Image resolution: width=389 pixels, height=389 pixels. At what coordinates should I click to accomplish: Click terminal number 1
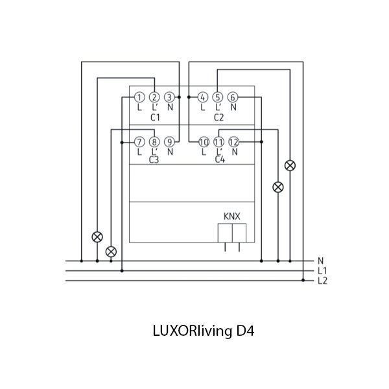click(x=139, y=97)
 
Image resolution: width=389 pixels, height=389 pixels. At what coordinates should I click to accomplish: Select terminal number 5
click(x=218, y=97)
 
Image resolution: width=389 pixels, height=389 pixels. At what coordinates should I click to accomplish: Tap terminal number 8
click(x=154, y=142)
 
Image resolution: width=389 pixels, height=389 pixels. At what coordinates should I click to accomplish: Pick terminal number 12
click(x=233, y=142)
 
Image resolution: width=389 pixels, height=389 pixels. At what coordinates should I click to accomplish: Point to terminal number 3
click(x=169, y=97)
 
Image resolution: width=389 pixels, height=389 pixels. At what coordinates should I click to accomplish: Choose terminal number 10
click(x=204, y=142)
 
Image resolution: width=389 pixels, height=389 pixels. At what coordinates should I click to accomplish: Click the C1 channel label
click(x=156, y=117)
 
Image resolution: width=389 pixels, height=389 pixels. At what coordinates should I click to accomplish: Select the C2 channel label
click(x=219, y=117)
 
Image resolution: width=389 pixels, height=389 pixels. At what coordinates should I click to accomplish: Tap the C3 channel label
click(x=154, y=159)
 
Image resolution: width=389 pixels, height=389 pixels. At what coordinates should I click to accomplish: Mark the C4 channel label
click(x=220, y=159)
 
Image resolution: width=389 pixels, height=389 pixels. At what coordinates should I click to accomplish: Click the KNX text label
click(x=232, y=217)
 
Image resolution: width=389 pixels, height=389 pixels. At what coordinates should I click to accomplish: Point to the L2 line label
click(x=322, y=281)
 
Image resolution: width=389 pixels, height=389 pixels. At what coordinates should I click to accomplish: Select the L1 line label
click(x=322, y=271)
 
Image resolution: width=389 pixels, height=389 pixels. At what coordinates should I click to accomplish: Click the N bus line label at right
click(x=320, y=261)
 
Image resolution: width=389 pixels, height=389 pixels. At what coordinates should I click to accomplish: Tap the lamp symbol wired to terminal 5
click(x=290, y=165)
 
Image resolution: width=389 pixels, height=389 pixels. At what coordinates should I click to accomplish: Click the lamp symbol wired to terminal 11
click(x=278, y=187)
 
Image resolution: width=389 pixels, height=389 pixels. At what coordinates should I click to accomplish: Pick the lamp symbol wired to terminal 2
click(x=97, y=237)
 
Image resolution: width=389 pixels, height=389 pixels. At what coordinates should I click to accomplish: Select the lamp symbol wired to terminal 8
click(x=111, y=252)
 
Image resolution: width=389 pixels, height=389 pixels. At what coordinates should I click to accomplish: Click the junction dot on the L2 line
click(x=303, y=280)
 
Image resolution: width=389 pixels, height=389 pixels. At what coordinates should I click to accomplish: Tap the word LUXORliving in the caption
click(x=193, y=331)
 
